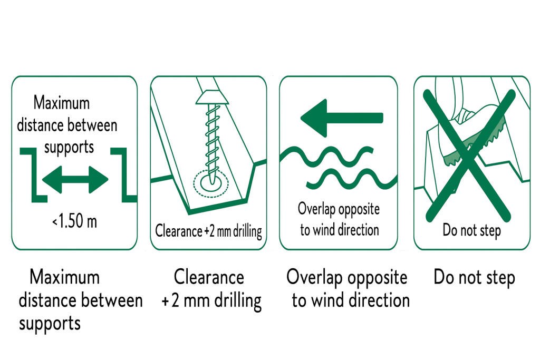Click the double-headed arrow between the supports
click(x=74, y=180)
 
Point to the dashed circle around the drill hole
click(x=209, y=182)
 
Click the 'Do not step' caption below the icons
click(x=474, y=277)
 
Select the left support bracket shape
click(x=32, y=174)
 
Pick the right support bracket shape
click(x=124, y=174)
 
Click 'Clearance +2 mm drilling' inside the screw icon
click(x=209, y=231)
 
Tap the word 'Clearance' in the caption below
click(x=209, y=277)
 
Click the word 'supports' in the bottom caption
click(x=50, y=323)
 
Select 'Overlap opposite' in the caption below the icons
click(x=346, y=277)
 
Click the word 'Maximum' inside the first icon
click(x=61, y=102)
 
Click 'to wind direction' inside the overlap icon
click(x=339, y=230)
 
